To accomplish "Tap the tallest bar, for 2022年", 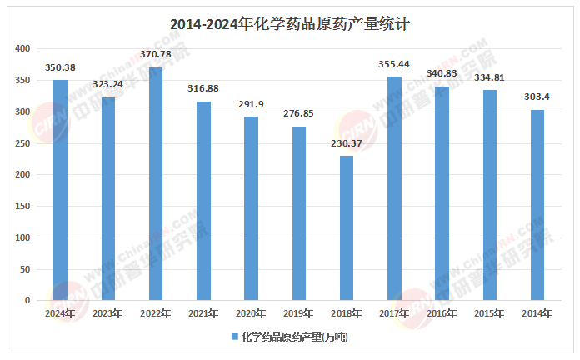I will click(x=156, y=183).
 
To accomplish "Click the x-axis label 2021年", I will click(x=203, y=313).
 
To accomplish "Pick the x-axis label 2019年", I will click(x=299, y=313).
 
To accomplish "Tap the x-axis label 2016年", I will click(x=442, y=313).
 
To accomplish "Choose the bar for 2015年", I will click(x=490, y=195).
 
